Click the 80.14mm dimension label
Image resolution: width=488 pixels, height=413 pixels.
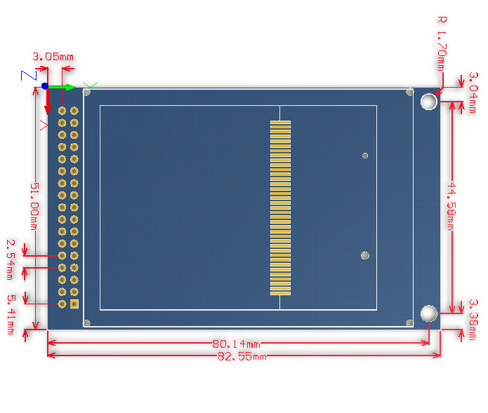(x=236, y=344)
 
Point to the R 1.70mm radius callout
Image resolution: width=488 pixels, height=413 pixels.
(x=441, y=43)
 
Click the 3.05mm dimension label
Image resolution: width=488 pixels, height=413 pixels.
(x=53, y=57)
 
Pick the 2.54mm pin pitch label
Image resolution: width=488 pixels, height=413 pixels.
(x=12, y=255)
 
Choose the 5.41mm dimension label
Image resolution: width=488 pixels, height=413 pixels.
(x=11, y=311)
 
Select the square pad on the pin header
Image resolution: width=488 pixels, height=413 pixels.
(x=74, y=304)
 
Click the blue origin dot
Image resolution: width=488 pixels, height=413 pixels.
(x=45, y=86)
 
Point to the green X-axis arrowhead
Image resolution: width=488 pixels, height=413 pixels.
(x=70, y=86)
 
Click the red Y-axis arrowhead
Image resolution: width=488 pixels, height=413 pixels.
(x=48, y=109)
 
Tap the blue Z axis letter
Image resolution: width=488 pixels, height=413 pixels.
(x=29, y=75)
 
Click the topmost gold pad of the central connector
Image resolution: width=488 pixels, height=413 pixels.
(x=280, y=123)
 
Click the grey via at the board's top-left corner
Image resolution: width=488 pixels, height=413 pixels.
(x=87, y=92)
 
